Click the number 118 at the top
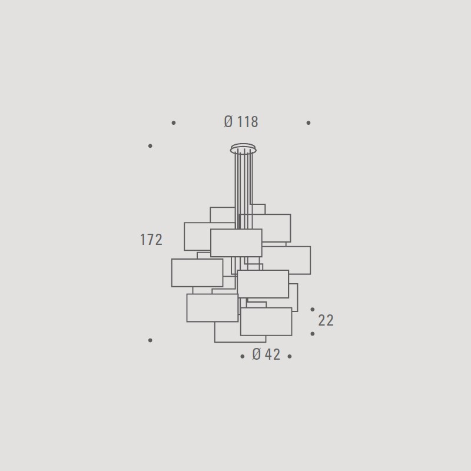[248, 122]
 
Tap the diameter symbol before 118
[228, 122]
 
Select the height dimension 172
[151, 240]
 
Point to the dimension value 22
[326, 320]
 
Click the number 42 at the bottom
[273, 354]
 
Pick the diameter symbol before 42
[257, 354]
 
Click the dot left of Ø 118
[174, 123]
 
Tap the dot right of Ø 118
[309, 123]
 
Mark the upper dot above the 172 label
[150, 146]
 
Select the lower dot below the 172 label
[150, 340]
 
